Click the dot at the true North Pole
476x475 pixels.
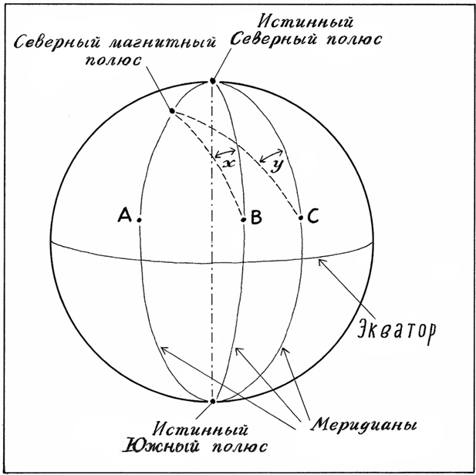pos(212,81)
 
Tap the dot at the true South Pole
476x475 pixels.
pos(212,401)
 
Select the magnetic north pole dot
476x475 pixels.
pos(172,111)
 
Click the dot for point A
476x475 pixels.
pos(139,220)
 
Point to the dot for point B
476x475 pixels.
pos(243,219)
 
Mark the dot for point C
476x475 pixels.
pos(301,217)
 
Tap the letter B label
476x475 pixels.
pos(257,217)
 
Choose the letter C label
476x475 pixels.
pos(313,216)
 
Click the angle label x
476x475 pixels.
pos(229,164)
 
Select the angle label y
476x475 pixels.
pos(276,166)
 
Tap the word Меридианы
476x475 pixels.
pos(363,425)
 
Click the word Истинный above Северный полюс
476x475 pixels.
pos(306,22)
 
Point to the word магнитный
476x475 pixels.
pos(162,42)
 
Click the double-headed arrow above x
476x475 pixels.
pos(225,153)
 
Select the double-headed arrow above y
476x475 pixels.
pos(272,155)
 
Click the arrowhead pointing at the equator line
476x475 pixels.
pos(321,262)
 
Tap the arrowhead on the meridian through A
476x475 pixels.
pos(164,350)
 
